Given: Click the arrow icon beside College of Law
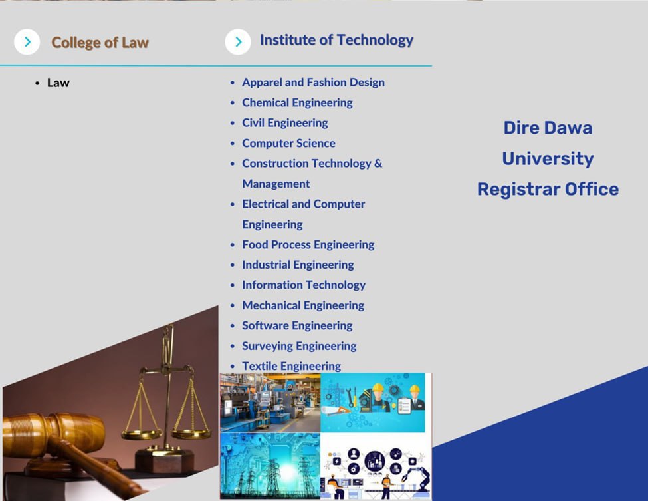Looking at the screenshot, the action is (27, 42).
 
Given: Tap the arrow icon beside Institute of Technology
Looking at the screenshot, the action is (238, 42).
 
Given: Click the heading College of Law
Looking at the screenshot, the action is (100, 42).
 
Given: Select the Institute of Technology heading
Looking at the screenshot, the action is (336, 40).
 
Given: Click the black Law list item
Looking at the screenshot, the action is (58, 83).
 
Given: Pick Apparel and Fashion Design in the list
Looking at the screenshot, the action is (313, 83).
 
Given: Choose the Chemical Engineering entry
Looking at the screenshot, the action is (297, 102).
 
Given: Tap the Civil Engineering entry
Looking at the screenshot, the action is (285, 123).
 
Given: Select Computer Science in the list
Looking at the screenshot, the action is (288, 143).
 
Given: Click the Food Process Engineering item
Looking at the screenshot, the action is (308, 244).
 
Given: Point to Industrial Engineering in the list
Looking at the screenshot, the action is (298, 265).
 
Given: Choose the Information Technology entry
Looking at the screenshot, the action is (304, 285).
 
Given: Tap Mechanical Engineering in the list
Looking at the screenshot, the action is (303, 305).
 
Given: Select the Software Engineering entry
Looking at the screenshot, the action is (297, 325).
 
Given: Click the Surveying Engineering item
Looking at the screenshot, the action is (299, 346).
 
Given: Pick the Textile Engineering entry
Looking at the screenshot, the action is (291, 366).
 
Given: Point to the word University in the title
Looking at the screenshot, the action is (548, 159).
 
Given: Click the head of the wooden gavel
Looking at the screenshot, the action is (53, 435).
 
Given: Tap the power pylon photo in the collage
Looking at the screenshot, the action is (270, 466).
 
